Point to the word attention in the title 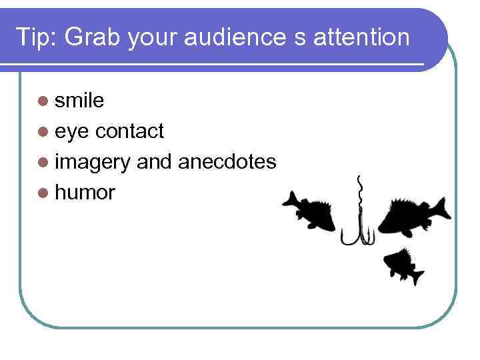coord(364,37)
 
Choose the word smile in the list coord(79,101)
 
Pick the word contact coord(129,131)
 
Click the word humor coord(85,193)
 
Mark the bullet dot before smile coord(44,101)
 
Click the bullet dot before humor coord(44,194)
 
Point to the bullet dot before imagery coord(44,163)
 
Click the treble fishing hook coord(358,230)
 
